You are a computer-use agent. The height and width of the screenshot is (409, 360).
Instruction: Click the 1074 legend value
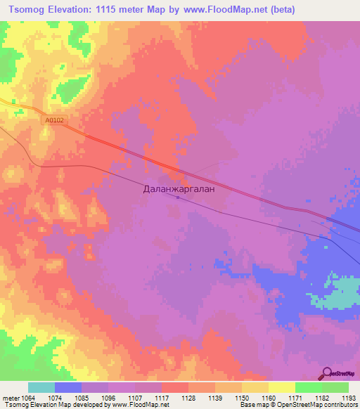(x=55, y=398)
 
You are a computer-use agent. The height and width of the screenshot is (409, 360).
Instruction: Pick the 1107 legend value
(x=134, y=398)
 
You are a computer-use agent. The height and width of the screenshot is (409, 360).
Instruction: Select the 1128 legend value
(x=188, y=398)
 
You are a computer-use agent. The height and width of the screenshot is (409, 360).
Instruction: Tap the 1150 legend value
(x=241, y=398)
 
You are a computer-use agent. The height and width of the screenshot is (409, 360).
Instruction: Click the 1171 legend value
(x=295, y=398)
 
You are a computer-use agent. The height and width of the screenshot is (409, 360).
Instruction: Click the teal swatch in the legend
(x=41, y=387)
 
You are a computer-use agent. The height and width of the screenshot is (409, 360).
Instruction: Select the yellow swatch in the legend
(x=281, y=387)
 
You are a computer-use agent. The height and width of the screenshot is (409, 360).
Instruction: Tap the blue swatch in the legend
(x=68, y=387)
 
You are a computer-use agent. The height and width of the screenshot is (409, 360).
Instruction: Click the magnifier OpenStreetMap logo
(x=327, y=374)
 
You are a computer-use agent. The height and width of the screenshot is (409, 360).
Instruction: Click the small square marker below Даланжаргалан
(x=178, y=197)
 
